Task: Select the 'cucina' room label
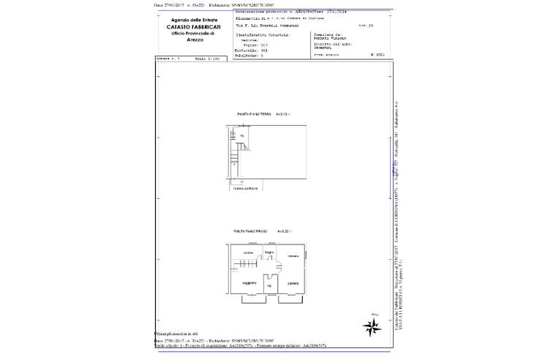248,252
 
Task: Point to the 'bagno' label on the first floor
269,252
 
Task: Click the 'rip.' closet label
269,285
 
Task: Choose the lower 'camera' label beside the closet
293,283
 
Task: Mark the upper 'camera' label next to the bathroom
293,255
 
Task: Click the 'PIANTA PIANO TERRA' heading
251,114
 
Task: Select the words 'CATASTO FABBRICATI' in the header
187,28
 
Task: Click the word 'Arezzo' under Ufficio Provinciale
188,41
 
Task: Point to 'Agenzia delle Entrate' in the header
188,20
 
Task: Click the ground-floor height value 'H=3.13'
283,114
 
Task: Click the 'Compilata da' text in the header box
324,33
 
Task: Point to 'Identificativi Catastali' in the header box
262,34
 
